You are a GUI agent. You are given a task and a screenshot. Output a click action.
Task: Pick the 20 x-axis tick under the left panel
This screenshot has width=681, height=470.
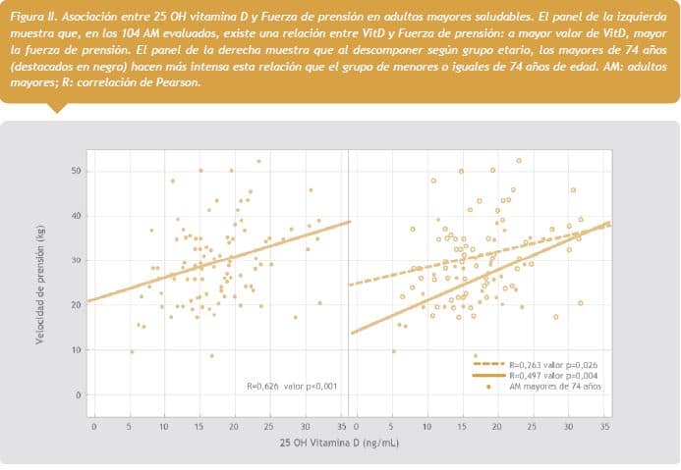pyautogui.click(x=234, y=427)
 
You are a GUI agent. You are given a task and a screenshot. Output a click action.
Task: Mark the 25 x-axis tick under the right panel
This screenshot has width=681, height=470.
pyautogui.click(x=533, y=427)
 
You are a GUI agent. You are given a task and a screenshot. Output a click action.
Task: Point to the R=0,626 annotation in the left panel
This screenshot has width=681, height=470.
pyautogui.click(x=291, y=387)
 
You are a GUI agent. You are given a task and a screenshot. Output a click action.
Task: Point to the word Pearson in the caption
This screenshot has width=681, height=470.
pyautogui.click(x=176, y=81)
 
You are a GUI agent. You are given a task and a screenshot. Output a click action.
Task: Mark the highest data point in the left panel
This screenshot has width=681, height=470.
pyautogui.click(x=258, y=161)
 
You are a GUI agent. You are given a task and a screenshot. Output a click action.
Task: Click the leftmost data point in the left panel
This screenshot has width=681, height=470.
pyautogui.click(x=132, y=351)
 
